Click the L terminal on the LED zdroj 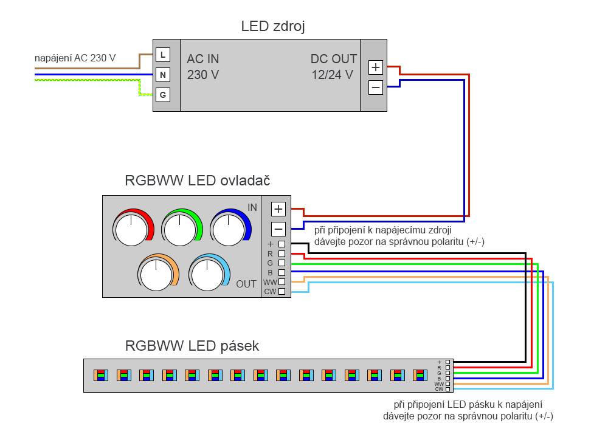click(162, 55)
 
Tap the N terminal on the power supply click(162, 75)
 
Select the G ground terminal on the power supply click(162, 95)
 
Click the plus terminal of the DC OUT click(376, 67)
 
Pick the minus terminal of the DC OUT click(376, 88)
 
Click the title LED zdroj click(273, 26)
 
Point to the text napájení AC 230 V click(75, 58)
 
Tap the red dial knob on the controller click(132, 229)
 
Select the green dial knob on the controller click(181, 229)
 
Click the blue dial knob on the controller click(229, 229)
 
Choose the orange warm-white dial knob click(156, 273)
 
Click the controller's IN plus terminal click(278, 209)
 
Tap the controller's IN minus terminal click(278, 229)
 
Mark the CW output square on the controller click(282, 292)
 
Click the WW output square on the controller click(282, 282)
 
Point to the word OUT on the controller click(246, 284)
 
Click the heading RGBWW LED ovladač click(198, 181)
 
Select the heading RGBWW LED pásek click(192, 346)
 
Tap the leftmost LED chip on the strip click(100, 375)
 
